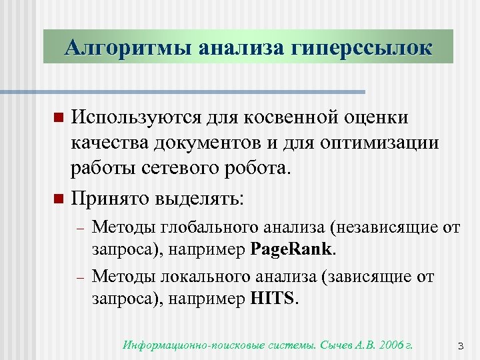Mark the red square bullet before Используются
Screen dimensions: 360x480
coord(57,119)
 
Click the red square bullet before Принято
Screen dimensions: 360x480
coord(57,199)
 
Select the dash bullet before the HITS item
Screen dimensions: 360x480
coord(79,276)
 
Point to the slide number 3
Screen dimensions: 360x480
coord(460,346)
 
